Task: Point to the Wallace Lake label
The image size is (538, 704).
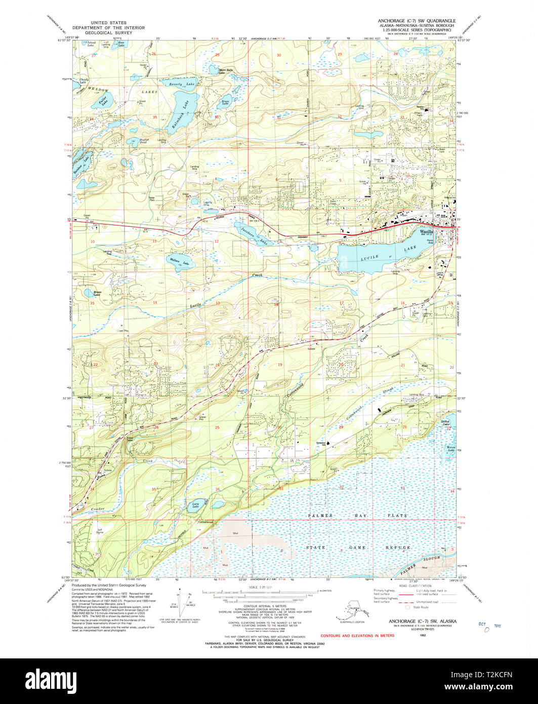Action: [x=175, y=261]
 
